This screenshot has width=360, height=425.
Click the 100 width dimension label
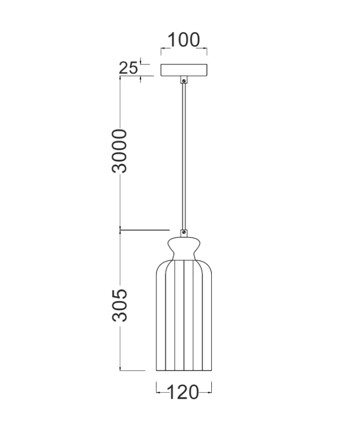click(183, 40)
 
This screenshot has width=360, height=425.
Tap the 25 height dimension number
click(128, 68)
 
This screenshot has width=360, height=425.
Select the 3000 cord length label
click(119, 151)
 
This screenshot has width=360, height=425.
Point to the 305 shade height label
click(119, 305)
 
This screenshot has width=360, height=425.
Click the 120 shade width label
click(183, 392)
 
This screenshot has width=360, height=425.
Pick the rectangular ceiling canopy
click(184, 70)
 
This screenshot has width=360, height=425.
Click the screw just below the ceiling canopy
click(184, 81)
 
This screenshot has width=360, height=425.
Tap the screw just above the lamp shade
click(184, 232)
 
